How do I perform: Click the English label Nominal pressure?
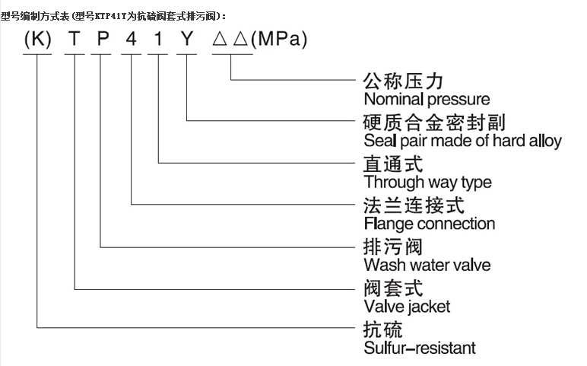coord(427,99)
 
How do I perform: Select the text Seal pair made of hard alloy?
coord(462,141)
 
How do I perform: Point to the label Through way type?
coord(427,183)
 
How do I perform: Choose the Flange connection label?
coord(429,224)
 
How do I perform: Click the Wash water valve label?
coord(427,266)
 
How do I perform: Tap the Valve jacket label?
coord(407,307)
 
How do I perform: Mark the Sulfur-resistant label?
coord(420,348)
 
